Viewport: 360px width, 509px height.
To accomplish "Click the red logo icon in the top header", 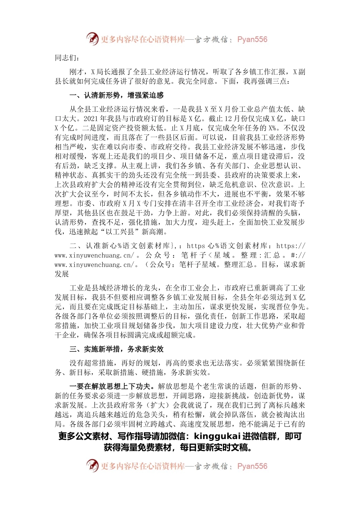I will coord(92,39).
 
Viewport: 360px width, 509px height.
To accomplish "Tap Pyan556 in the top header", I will coord(252,39).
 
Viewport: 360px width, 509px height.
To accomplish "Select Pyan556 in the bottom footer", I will coord(252,466).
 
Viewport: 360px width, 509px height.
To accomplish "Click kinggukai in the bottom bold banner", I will coord(217,436).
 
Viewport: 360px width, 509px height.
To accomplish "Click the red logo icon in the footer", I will coord(92,465).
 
